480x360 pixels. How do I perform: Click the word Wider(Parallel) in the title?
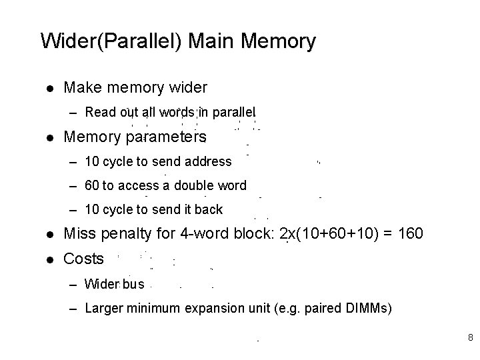click(111, 41)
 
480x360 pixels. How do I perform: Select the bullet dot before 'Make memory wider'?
click(49, 87)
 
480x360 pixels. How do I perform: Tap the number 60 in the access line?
click(92, 185)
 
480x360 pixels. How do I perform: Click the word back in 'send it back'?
click(209, 209)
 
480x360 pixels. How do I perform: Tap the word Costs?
click(83, 259)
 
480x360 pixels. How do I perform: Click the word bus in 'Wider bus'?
click(133, 284)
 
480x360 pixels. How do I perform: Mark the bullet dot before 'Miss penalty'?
click(49, 235)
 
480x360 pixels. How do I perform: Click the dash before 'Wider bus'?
click(74, 285)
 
